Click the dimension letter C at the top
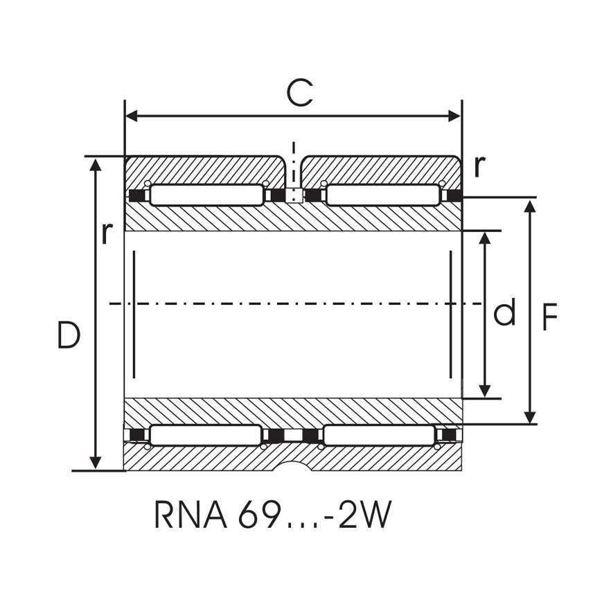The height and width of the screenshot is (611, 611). pos(299,93)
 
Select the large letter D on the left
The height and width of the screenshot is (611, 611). pos(69,336)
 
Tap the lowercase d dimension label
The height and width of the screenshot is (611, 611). pos(504,314)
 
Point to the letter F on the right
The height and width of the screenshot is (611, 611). pos(549,318)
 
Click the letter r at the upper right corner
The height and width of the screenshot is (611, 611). pos(479,166)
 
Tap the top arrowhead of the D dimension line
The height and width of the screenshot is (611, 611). pos(96,163)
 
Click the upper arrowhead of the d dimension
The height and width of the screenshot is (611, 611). pos(485,238)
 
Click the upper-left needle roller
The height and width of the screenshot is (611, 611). pos(206,195)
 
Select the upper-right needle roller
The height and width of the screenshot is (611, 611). pos(382,195)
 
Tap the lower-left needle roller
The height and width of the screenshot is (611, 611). pos(206,435)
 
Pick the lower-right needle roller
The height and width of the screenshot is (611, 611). pos(380,435)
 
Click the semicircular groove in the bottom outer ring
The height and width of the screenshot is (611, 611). pos(293,466)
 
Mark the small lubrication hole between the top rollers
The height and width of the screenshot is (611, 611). pos(294,195)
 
